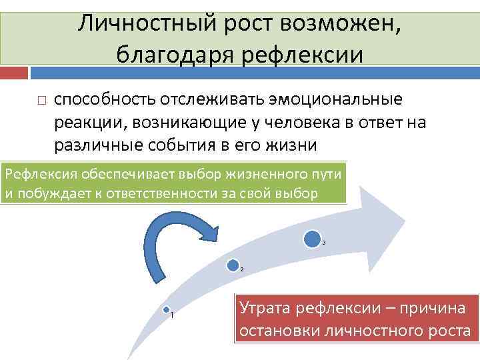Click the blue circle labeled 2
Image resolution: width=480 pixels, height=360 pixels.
233,265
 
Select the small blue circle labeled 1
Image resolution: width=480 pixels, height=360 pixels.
167,310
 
